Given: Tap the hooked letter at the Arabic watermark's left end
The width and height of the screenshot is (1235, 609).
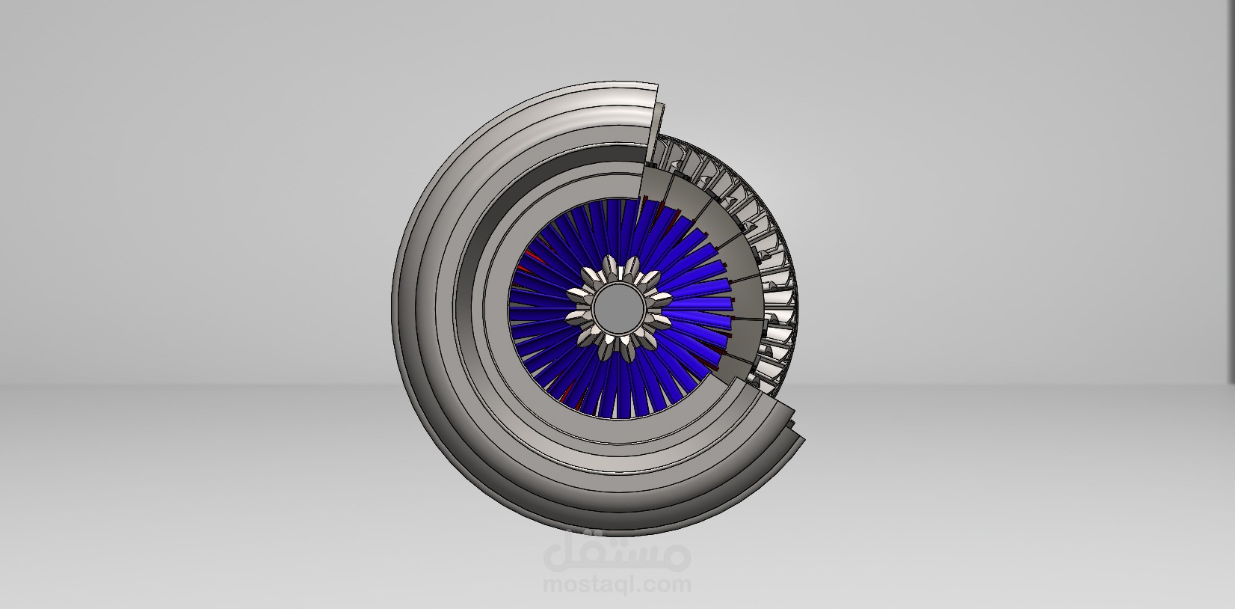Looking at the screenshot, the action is [558, 554].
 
